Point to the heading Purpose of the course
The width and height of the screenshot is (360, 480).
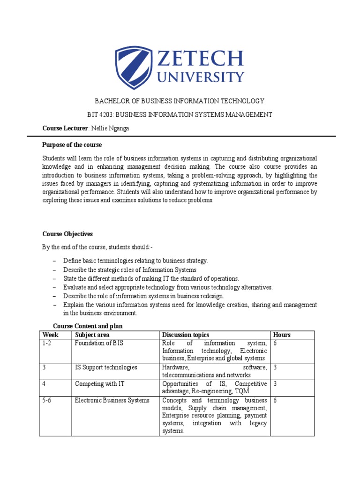(x=72, y=144)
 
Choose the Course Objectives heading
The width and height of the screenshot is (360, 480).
(x=67, y=234)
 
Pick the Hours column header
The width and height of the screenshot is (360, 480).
(x=282, y=335)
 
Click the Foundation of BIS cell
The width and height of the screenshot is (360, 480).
(x=98, y=343)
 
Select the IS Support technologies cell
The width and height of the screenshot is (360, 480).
(x=106, y=367)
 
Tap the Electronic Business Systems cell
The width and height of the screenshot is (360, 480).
(x=112, y=400)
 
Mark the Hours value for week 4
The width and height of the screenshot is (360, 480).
(x=276, y=384)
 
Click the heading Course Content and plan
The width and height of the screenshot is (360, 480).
(x=88, y=326)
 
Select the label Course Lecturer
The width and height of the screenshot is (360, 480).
(x=65, y=127)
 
